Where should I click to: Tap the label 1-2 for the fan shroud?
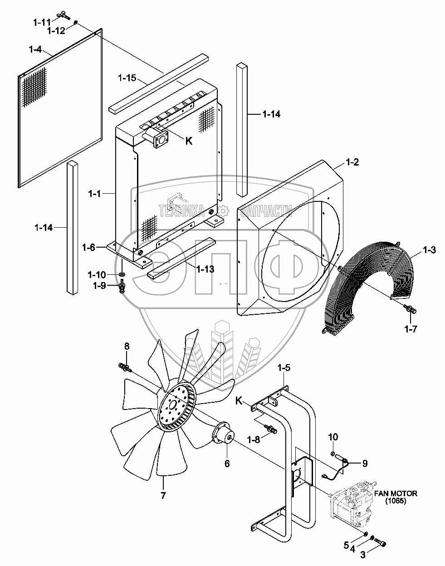pyautogui.click(x=352, y=162)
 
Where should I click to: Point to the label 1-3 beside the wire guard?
pyautogui.click(x=429, y=249)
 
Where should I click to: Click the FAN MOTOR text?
pyautogui.click(x=396, y=493)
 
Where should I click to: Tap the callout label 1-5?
pyautogui.click(x=284, y=369)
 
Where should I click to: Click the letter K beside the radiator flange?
pyautogui.click(x=189, y=141)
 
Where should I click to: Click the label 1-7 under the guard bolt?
pyautogui.click(x=411, y=330)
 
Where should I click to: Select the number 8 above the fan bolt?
pyautogui.click(x=127, y=346)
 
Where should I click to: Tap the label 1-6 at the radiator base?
pyautogui.click(x=89, y=247)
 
